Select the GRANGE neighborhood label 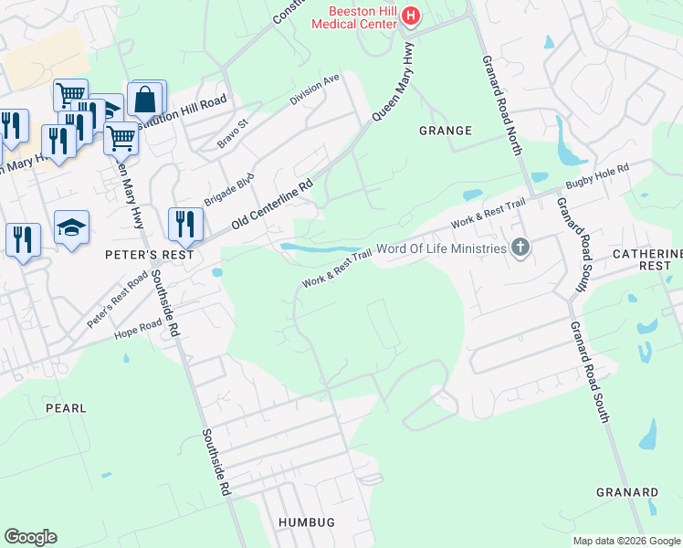point(445,131)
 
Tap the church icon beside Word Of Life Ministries point(520,248)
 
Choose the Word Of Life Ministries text point(440,248)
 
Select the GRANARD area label point(627,492)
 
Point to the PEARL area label point(68,407)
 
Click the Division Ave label point(315,91)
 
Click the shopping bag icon point(144,99)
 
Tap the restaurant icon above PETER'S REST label point(185,224)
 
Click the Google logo point(30,537)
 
